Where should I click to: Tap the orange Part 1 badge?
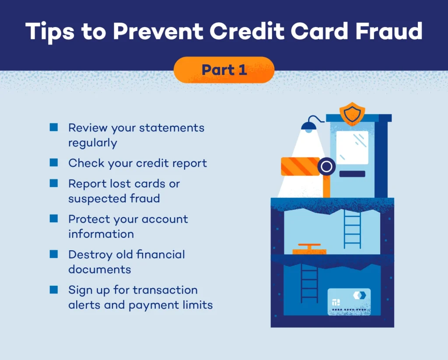tap(224, 70)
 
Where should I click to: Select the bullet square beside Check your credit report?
tap(54, 163)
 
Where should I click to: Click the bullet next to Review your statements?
tap(54, 127)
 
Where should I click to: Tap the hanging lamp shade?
tap(309, 127)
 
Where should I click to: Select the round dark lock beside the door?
tap(326, 166)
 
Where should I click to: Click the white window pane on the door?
tap(352, 147)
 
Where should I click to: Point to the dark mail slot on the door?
tap(352, 174)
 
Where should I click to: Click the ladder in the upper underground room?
tap(352, 229)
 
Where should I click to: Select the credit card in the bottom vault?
tap(349, 301)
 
